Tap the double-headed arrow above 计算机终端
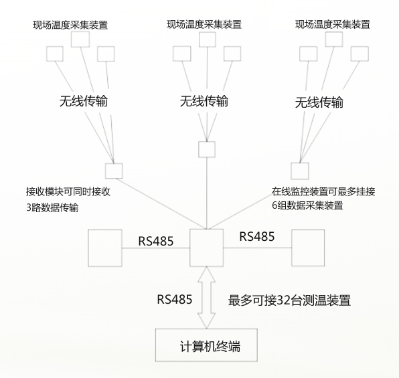207,298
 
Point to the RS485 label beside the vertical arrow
175,300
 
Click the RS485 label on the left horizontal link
156,241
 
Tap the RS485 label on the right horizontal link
257,236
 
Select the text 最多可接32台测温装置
289,300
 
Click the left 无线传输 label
84,101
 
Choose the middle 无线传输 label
204,101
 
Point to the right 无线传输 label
319,102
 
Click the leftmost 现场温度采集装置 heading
70,25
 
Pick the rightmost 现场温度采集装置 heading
333,25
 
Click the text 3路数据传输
52,207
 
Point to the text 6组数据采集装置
307,205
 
